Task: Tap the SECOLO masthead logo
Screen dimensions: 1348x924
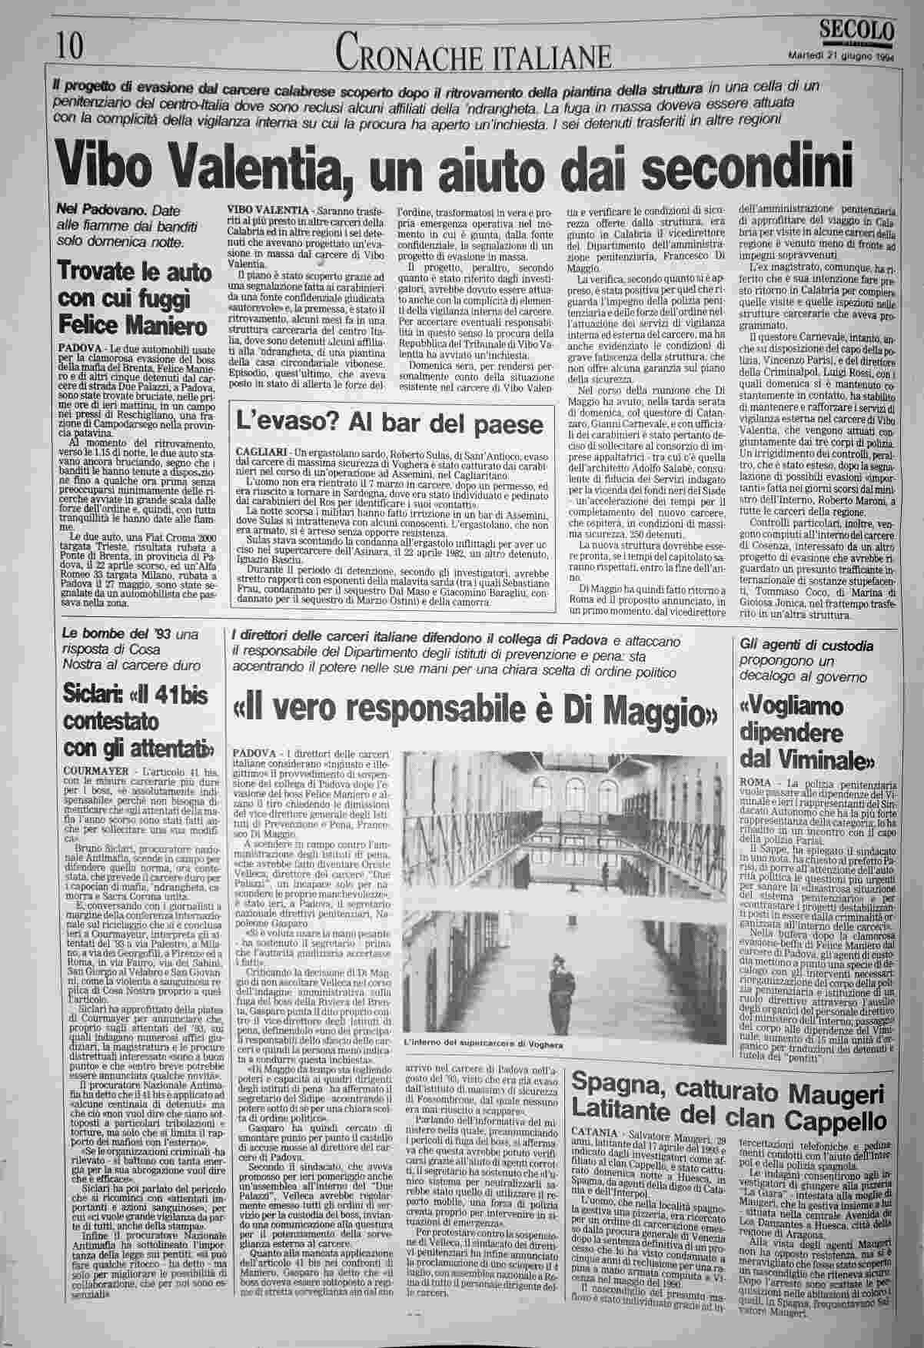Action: (x=857, y=30)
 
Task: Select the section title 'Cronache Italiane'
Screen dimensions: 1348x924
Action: (x=474, y=53)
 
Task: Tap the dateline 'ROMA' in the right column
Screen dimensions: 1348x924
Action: (x=753, y=780)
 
